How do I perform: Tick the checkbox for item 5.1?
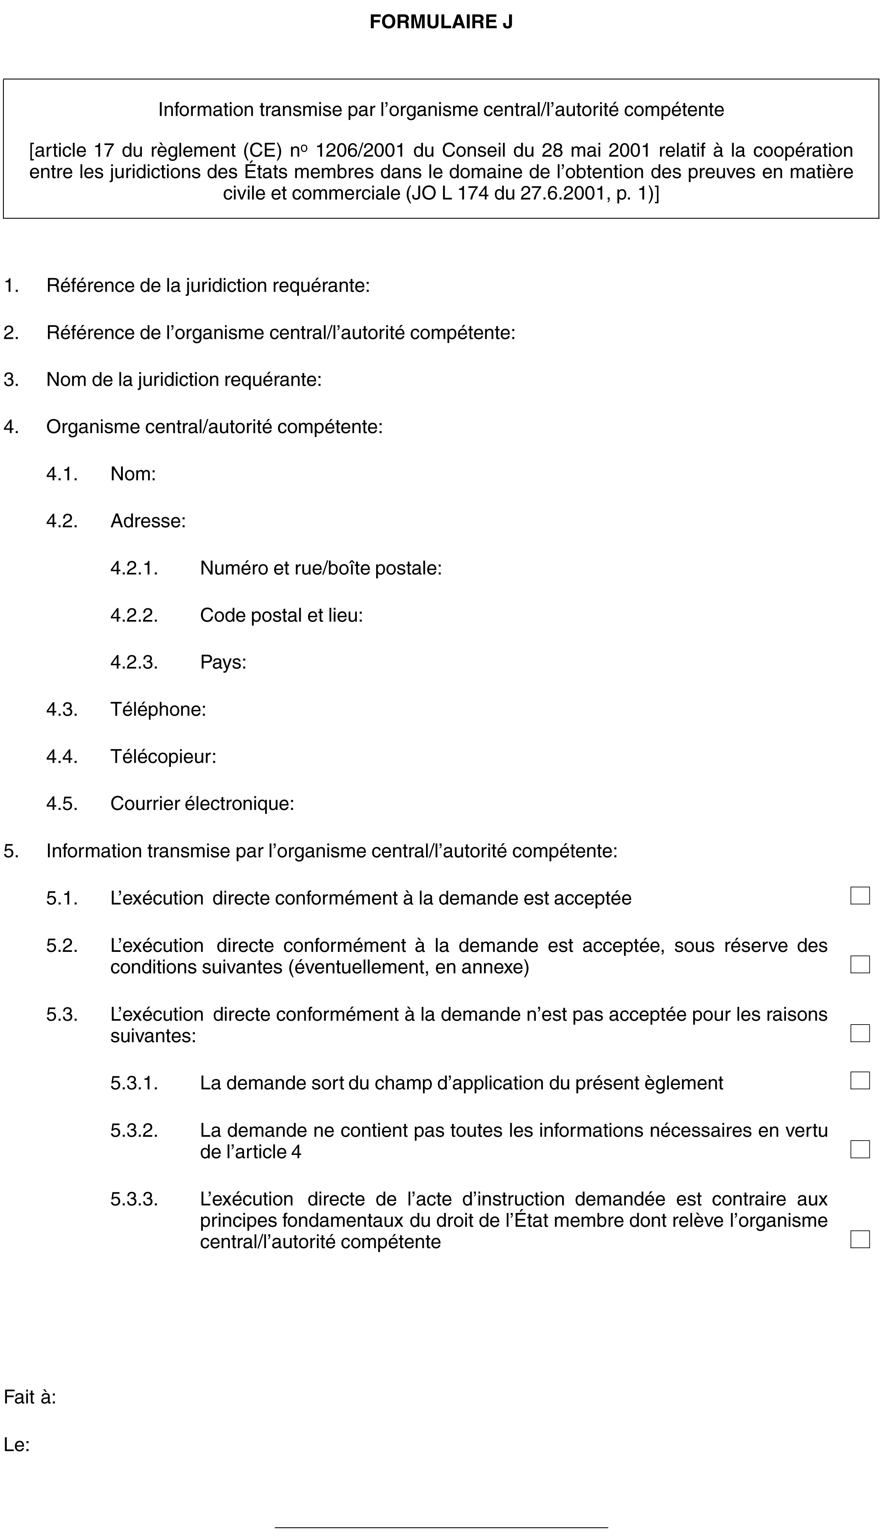point(859,896)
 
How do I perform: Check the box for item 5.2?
point(859,965)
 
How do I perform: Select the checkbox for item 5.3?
point(859,1033)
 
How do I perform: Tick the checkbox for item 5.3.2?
point(859,1149)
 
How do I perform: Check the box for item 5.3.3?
point(859,1239)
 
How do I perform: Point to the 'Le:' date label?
point(17,1445)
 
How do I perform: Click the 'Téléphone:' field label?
point(158,709)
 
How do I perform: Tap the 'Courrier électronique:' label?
point(202,804)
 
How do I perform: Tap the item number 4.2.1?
point(134,569)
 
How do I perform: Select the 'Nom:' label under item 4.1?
point(133,474)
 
